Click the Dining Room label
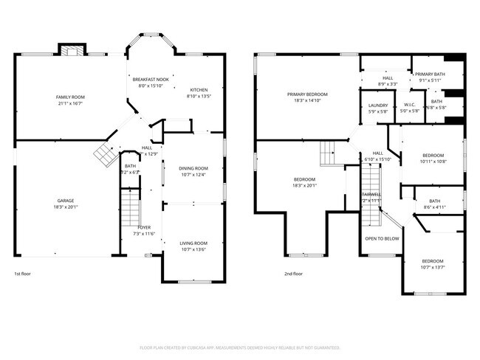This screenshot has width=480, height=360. (193, 168)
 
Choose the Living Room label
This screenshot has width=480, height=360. (193, 243)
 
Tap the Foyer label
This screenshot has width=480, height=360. (144, 227)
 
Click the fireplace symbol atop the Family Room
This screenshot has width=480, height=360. (72, 52)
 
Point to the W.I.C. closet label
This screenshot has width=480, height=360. (410, 105)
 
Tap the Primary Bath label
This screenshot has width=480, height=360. (429, 74)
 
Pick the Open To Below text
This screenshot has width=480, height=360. (382, 239)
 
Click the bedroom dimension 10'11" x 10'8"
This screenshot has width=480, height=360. (433, 161)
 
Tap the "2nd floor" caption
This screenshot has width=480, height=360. (293, 273)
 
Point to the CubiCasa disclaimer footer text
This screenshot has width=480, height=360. (240, 347)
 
